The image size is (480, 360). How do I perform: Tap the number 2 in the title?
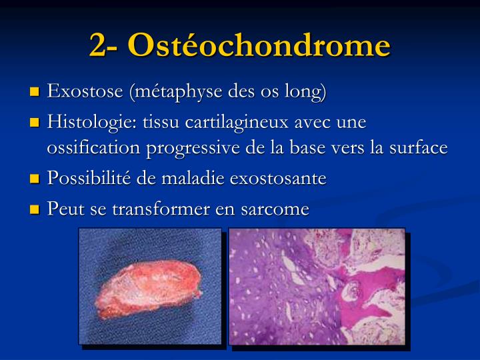99,45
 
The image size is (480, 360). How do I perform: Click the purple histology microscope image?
317,286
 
